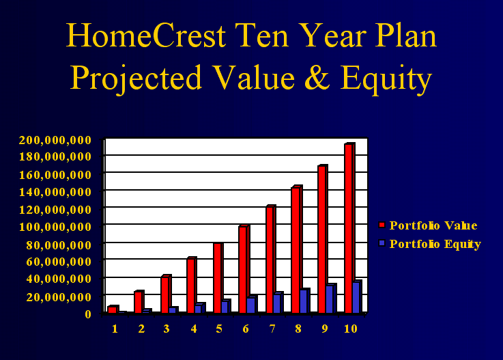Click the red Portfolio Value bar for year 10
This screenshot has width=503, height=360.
coord(349,228)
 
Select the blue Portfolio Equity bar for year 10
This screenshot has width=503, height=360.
coord(357,296)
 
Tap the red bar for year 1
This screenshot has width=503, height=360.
coord(113,309)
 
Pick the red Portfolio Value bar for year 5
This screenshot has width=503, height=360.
coord(218,278)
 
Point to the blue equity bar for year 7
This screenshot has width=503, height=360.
coord(278,303)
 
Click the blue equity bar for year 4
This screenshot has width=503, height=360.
coord(199,308)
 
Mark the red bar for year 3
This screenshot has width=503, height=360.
coord(166,294)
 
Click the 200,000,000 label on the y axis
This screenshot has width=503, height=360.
coord(55,140)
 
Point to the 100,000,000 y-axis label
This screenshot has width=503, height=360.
coord(55,227)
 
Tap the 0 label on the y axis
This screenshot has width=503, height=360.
coord(88,314)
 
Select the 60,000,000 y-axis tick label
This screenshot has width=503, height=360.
coord(59,262)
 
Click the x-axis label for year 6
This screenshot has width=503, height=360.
coord(246,329)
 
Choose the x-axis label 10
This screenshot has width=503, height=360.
coord(351,329)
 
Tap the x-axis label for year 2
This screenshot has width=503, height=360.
coord(141,329)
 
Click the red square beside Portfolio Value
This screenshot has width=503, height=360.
coord(382,225)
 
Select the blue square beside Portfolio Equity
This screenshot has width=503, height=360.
coord(382,243)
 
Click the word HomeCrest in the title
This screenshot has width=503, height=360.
coord(146,36)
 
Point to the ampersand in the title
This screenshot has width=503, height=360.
coord(317,77)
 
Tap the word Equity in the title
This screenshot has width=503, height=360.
coord(386,79)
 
